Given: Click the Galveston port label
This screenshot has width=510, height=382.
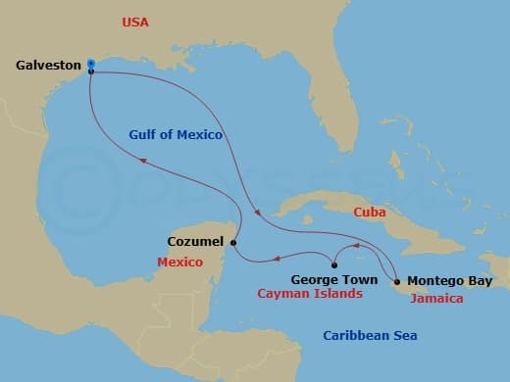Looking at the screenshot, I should (48, 66).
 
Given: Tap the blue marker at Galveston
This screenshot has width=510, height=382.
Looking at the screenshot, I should (90, 63).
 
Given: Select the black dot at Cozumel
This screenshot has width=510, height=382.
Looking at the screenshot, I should (233, 242).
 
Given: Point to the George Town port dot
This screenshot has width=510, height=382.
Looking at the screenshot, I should (334, 264).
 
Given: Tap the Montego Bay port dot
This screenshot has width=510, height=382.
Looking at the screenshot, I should (397, 278).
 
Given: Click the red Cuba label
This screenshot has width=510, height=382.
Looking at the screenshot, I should (370, 211).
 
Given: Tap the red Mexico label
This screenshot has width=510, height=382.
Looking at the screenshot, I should (179, 263).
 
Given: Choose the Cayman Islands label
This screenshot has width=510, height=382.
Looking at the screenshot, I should (309, 293).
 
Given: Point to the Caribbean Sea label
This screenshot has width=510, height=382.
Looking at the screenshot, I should (370, 337).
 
